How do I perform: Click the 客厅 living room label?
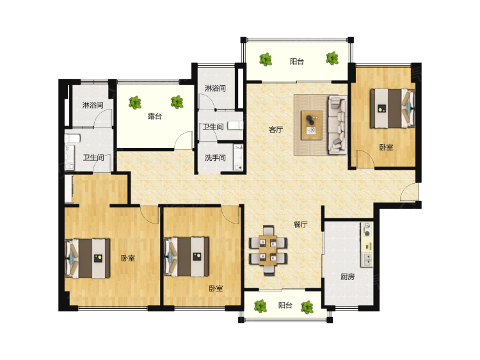point(275,129)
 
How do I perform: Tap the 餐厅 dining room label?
point(300,224)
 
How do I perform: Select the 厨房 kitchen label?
point(348,277)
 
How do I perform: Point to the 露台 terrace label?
point(155,116)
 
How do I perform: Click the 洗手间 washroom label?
point(215,158)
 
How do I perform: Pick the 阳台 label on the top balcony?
point(297,61)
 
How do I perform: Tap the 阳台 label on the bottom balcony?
point(285,305)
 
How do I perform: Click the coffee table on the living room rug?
point(312,125)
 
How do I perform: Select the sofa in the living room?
point(337,124)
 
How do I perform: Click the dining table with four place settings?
point(268,250)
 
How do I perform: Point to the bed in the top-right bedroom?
point(392,108)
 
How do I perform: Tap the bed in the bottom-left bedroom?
point(88,259)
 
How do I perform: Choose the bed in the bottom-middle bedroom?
point(187,257)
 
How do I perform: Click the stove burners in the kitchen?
point(367,231)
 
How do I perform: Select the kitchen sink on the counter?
point(367,259)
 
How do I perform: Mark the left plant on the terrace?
point(134,102)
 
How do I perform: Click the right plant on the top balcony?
point(332,58)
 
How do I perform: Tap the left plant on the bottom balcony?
point(260,306)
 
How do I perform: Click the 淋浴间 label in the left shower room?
point(93,105)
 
